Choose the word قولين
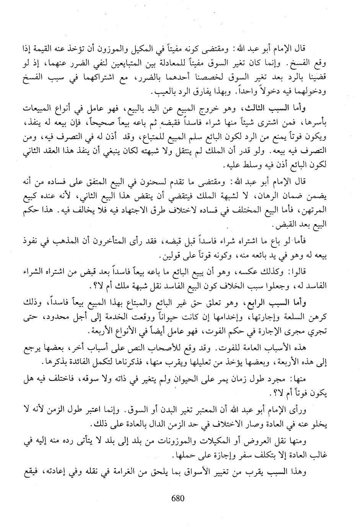pyautogui.click(x=157, y=255)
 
